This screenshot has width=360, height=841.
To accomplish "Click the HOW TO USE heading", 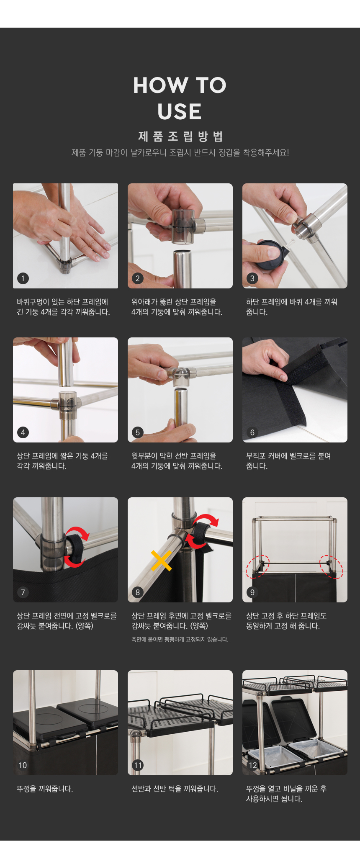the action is (180, 98).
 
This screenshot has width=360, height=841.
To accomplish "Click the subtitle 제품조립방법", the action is (180, 136).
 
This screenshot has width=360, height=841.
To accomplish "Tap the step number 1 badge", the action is (23, 278).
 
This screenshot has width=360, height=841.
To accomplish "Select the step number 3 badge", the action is (252, 278).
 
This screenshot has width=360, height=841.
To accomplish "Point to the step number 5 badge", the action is (138, 432).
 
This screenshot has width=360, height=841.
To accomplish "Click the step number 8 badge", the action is (138, 592).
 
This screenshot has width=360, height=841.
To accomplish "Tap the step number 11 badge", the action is (138, 765).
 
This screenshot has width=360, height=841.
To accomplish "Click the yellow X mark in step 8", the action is (161, 561).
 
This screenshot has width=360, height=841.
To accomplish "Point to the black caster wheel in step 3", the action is (271, 255).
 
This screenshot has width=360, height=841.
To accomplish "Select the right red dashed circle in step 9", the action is (332, 566).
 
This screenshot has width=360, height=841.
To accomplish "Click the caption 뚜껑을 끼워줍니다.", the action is (45, 789).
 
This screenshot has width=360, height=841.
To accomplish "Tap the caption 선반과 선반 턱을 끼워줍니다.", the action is (175, 789).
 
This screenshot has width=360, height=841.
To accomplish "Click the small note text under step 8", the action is (180, 639).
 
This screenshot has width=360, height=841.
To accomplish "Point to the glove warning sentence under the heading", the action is (180, 152).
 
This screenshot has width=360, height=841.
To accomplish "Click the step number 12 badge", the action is (252, 765).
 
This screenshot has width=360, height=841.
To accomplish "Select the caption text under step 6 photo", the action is (288, 461).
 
